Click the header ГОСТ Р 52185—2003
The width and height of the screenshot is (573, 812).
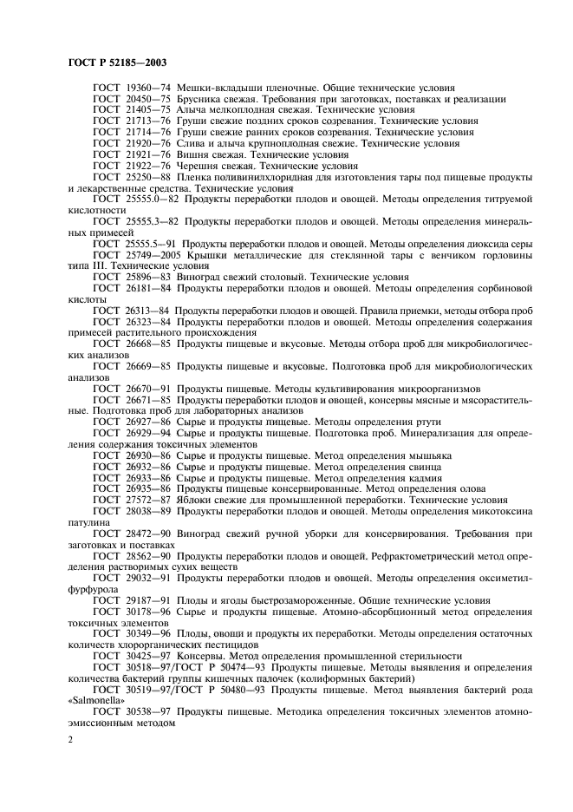(118, 62)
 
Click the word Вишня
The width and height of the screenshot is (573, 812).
(194, 154)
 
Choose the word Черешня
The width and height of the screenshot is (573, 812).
(200, 165)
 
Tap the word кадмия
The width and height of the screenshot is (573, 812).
(421, 477)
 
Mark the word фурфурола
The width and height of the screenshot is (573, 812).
(94, 588)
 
